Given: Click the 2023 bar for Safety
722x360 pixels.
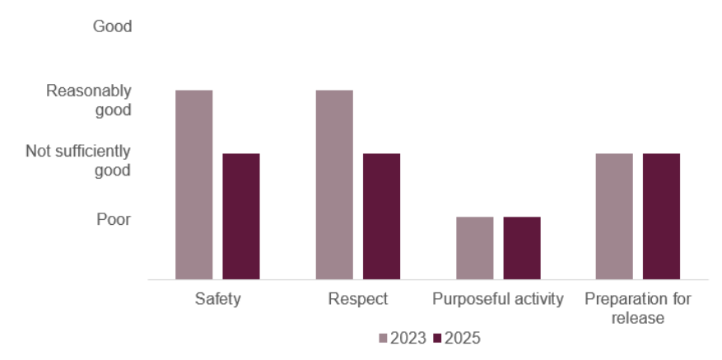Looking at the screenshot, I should coord(194,185).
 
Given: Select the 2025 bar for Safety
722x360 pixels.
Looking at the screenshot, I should coord(241,217).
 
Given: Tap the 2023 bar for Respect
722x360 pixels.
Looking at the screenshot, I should coord(334,185).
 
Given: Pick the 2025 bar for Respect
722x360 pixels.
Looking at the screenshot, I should coord(381,217).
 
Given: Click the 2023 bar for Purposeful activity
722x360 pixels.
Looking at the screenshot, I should coord(475,248).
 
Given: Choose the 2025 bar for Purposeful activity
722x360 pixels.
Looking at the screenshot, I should coord(522,248).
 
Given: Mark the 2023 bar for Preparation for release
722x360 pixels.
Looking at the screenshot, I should coord(614,217).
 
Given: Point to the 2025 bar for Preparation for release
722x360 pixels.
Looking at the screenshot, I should coord(661,217).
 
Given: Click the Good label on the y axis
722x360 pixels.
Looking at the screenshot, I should coord(112,26).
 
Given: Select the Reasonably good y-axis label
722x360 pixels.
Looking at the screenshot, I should coord(89,100).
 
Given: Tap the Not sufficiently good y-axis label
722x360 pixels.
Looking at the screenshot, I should coord(78,161).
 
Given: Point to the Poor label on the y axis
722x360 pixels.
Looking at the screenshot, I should coord(114,219).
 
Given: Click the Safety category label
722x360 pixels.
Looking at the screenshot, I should coord(218,299).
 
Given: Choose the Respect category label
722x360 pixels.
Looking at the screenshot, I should coord(358,299).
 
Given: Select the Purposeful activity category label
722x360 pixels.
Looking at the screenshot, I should coord(498,299).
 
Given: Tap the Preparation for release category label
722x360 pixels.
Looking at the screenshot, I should coord(638,308).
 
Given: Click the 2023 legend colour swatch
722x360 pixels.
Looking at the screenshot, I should coord(383,339).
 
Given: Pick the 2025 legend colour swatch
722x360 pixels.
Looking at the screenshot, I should coord(438,339).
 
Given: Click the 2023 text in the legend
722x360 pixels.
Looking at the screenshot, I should coord(408,339).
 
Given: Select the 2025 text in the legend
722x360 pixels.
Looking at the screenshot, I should coord(463,339).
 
